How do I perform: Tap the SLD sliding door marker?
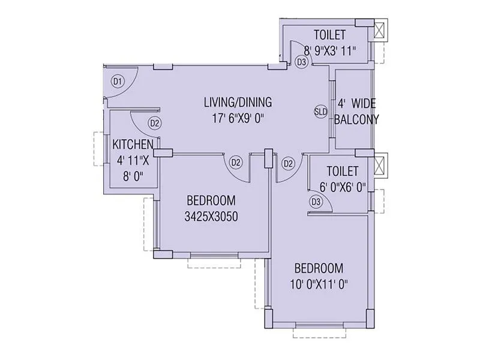pyautogui.click(x=321, y=112)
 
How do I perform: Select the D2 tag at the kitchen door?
pyautogui.click(x=155, y=124)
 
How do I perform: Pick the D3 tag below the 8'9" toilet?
pyautogui.click(x=302, y=62)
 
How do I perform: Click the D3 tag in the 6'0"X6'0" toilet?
pyautogui.click(x=316, y=202)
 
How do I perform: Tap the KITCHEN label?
pyautogui.click(x=133, y=145)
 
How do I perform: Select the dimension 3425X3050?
pyautogui.click(x=211, y=217)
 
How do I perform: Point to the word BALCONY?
pyautogui.click(x=356, y=119)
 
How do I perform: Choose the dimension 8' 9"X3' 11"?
pyautogui.click(x=331, y=50)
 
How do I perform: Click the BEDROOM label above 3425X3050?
pyautogui.click(x=211, y=200)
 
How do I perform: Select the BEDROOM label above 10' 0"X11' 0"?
pyautogui.click(x=318, y=268)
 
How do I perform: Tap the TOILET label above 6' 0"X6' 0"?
pyautogui.click(x=343, y=171)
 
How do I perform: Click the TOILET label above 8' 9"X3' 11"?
pyautogui.click(x=331, y=34)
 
